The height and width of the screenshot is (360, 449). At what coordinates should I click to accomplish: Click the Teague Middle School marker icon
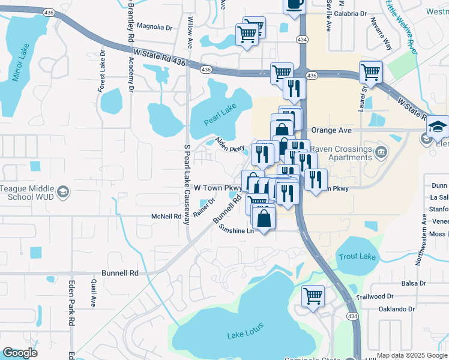pyautogui.click(x=62, y=193)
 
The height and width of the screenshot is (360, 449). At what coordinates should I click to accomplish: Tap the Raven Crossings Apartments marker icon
pyautogui.click(x=380, y=153)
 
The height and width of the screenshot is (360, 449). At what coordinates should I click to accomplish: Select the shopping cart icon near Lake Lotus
pyautogui.click(x=313, y=295)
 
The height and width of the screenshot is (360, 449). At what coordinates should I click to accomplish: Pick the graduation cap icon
pyautogui.click(x=437, y=127)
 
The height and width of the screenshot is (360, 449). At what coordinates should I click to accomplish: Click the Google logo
pyautogui.click(x=20, y=353)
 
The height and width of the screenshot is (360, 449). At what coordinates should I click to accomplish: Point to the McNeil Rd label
pyautogui.click(x=166, y=217)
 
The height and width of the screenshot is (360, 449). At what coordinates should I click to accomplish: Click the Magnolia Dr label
pyautogui.click(x=154, y=26)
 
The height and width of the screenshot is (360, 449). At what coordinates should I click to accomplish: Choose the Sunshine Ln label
pyautogui.click(x=236, y=229)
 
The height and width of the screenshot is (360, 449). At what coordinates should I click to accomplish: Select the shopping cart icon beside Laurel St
pyautogui.click(x=371, y=72)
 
